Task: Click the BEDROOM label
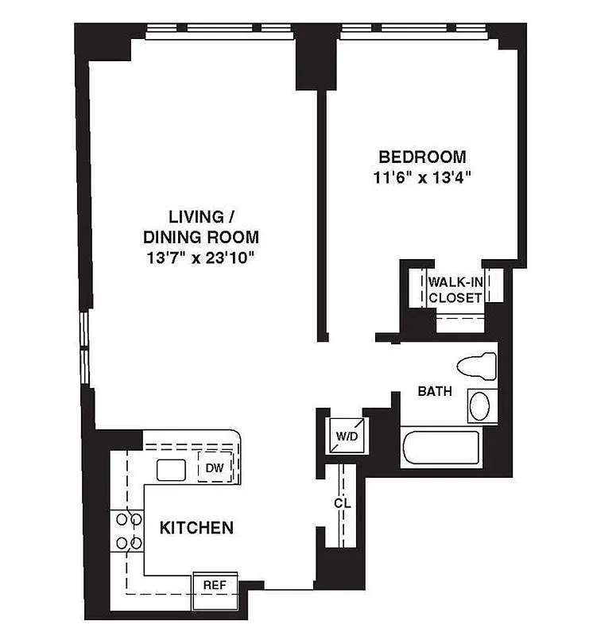coord(422,157)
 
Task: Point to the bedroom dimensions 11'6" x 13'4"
coord(422,177)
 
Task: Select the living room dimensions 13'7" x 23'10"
coord(201,257)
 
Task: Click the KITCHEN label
coord(196,527)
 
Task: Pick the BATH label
coord(435,391)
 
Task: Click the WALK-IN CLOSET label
coord(455,290)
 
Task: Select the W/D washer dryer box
coord(347,436)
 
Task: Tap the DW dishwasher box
coord(215,468)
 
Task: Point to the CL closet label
coord(343,504)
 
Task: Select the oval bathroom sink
coord(481,406)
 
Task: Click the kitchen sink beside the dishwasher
coord(171,470)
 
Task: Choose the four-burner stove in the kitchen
coord(129,531)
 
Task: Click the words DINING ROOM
coord(201,236)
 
